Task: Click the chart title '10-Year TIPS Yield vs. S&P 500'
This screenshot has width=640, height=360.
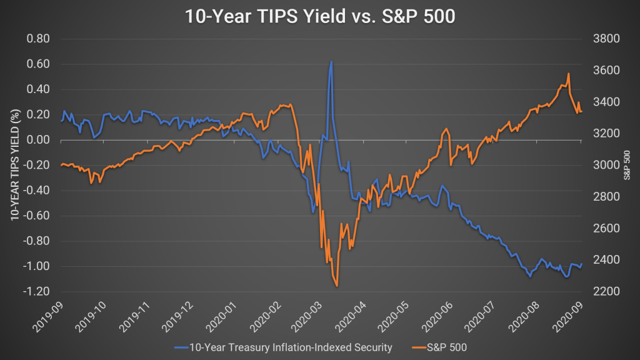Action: (x=319, y=16)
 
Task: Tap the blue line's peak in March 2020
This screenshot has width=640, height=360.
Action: (x=331, y=62)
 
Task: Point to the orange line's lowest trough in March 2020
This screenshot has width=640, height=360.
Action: (x=337, y=286)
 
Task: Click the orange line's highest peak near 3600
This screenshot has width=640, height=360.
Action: (x=568, y=74)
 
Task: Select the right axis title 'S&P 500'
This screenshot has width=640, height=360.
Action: (x=627, y=165)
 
